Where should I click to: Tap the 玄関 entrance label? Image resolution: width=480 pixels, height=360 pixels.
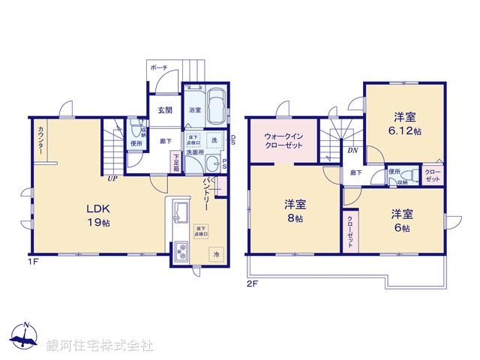coord(165,110)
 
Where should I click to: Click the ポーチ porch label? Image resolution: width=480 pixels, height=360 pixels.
coord(159,67)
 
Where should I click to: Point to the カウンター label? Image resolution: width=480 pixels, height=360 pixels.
coord(38,140)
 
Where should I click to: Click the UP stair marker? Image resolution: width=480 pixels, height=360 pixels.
coord(112,178)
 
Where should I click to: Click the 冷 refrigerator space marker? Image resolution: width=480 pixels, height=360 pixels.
coord(216,255)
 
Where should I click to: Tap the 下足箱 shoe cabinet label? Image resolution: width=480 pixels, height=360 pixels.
coord(177,161)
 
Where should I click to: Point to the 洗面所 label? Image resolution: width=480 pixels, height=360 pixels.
coord(195,151)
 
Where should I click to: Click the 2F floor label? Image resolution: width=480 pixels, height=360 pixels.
coord(252,284)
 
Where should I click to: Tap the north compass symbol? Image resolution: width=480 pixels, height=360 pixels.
coord(25,337)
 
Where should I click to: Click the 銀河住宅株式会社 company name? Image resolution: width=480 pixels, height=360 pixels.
coord(100,346)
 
